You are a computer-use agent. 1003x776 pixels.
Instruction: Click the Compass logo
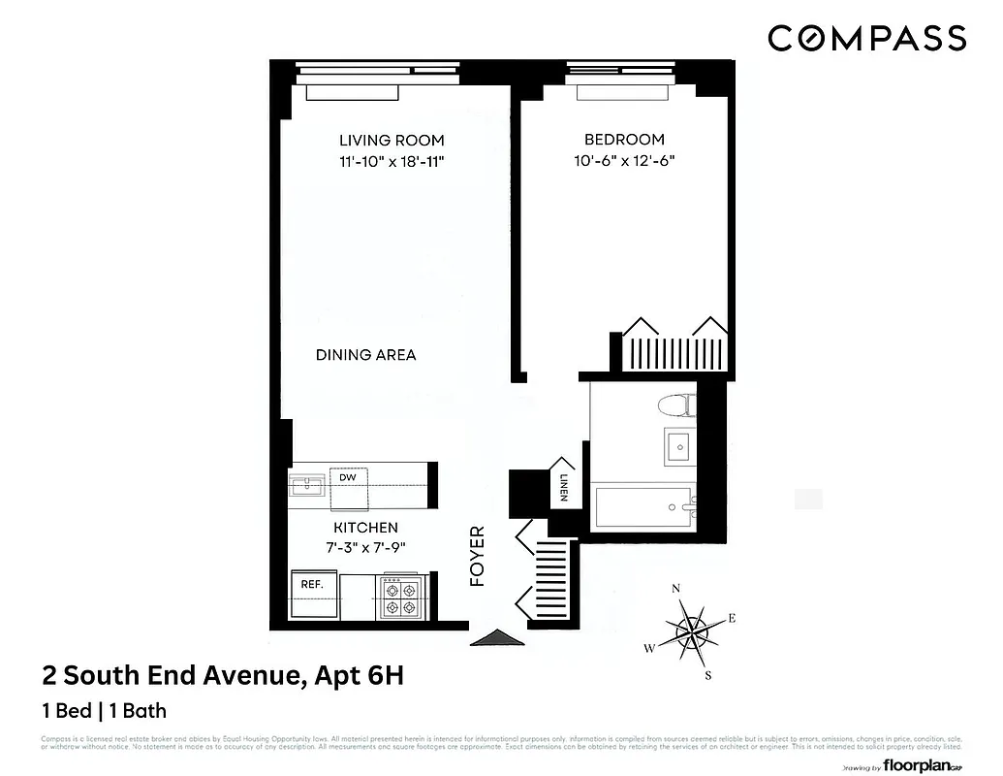[x=866, y=38]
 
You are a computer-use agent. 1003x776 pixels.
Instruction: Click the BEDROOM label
[x=623, y=140]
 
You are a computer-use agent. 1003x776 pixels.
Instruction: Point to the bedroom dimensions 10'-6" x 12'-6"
[x=623, y=162]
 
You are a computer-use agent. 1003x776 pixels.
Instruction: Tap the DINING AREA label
[x=365, y=355]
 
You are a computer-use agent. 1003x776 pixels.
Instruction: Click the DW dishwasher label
[x=346, y=477]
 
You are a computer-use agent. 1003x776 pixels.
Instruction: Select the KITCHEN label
[x=365, y=528]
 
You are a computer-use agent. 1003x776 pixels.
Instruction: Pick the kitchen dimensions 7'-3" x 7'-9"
[x=365, y=547]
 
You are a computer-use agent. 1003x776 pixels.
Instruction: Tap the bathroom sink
[x=677, y=446]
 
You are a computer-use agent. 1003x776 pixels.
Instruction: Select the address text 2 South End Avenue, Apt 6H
[x=222, y=675]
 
